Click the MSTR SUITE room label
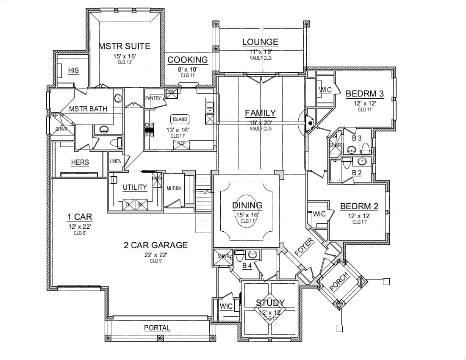click(125, 46)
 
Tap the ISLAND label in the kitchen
click(179, 119)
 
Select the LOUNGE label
click(260, 42)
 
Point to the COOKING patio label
click(188, 60)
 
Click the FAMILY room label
click(260, 113)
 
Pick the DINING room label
click(247, 205)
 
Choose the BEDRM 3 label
click(365, 94)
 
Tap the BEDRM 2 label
click(359, 206)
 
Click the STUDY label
click(270, 303)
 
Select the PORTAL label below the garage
click(157, 328)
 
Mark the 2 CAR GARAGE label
click(155, 245)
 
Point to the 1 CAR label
click(79, 217)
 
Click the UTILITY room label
click(135, 187)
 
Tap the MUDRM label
click(174, 188)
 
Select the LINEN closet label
click(116, 161)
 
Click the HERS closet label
click(80, 163)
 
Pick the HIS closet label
click(73, 70)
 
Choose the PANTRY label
click(153, 98)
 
